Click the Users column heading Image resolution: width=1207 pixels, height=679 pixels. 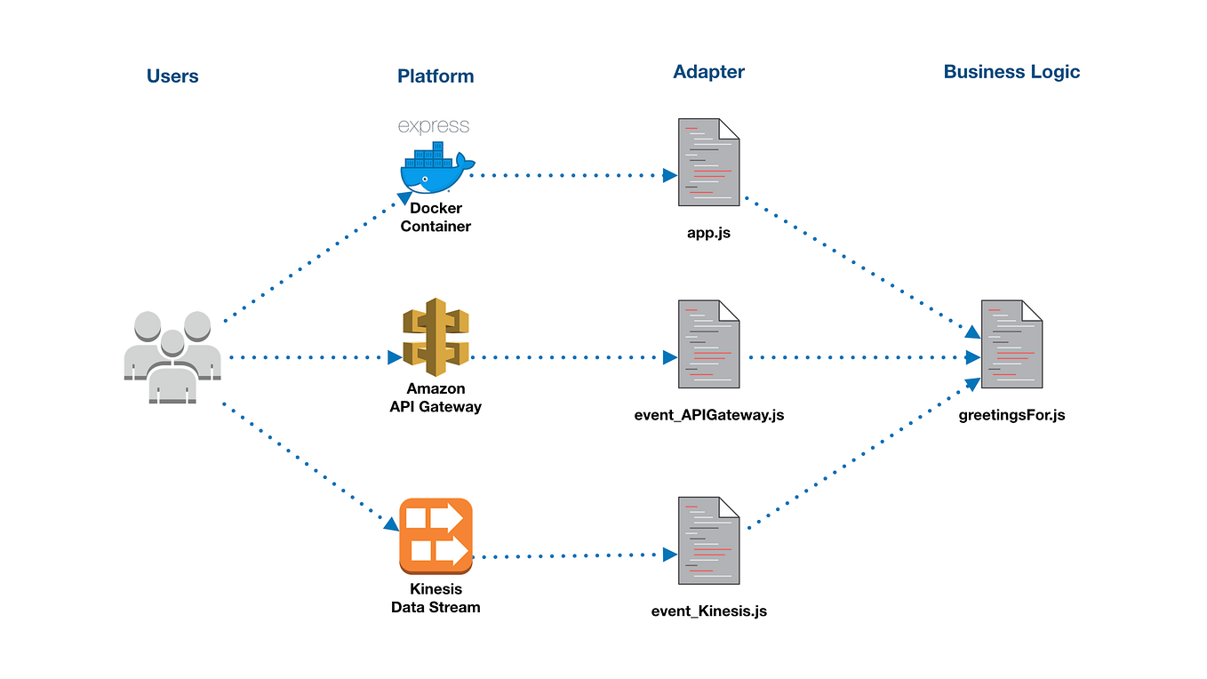point(172,76)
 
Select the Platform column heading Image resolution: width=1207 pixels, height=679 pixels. point(436,76)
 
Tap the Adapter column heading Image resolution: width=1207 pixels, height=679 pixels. point(708,72)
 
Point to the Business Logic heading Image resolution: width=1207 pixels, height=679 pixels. point(1011,72)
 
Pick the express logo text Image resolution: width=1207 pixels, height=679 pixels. point(434,126)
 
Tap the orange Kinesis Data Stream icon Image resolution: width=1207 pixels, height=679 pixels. point(436,534)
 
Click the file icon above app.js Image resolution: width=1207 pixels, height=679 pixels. point(709,162)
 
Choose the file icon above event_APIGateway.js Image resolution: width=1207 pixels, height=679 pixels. point(709,344)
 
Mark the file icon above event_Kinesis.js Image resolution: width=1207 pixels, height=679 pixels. point(709,540)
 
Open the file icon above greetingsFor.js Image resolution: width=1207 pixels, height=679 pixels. point(1011,344)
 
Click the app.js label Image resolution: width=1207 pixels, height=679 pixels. point(709,234)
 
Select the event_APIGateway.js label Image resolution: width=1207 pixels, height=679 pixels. point(709,414)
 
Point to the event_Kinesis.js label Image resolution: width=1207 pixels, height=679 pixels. point(709,611)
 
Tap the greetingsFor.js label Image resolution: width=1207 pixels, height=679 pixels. point(1011,414)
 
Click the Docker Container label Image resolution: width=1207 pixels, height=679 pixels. point(436,218)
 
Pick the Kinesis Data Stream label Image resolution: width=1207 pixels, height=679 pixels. point(436,598)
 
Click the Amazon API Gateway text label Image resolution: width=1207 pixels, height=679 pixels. point(436,398)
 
